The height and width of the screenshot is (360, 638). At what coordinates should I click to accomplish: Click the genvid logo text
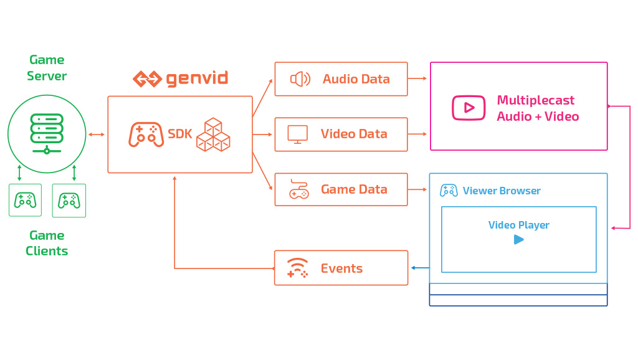196,79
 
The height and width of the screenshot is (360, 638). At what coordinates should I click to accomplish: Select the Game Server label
47,68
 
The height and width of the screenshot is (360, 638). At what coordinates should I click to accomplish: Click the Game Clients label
47,243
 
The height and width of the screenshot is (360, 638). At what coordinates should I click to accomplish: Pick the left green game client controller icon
25,200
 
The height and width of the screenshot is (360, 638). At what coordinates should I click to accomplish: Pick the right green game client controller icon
69,200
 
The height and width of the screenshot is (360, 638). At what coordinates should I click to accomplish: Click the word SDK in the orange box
180,134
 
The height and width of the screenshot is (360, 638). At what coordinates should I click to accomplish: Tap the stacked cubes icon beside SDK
213,135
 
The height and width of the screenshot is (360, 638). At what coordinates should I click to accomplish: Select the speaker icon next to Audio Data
300,79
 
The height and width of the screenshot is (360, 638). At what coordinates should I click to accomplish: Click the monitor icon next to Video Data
297,134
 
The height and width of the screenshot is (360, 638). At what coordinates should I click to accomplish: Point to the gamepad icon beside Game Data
299,189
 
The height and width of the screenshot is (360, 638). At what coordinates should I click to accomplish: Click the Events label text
341,268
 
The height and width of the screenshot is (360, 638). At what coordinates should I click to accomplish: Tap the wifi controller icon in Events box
297,268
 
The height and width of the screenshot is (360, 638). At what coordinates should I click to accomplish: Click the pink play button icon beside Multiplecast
469,107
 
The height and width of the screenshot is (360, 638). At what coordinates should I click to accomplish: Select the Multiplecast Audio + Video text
538,108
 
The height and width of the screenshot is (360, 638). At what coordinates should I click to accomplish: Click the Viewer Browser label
502,191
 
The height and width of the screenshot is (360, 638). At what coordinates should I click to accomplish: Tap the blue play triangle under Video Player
518,239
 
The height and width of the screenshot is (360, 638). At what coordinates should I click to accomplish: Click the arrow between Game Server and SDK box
97,134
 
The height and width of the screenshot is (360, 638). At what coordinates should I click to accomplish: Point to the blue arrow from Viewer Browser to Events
419,268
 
